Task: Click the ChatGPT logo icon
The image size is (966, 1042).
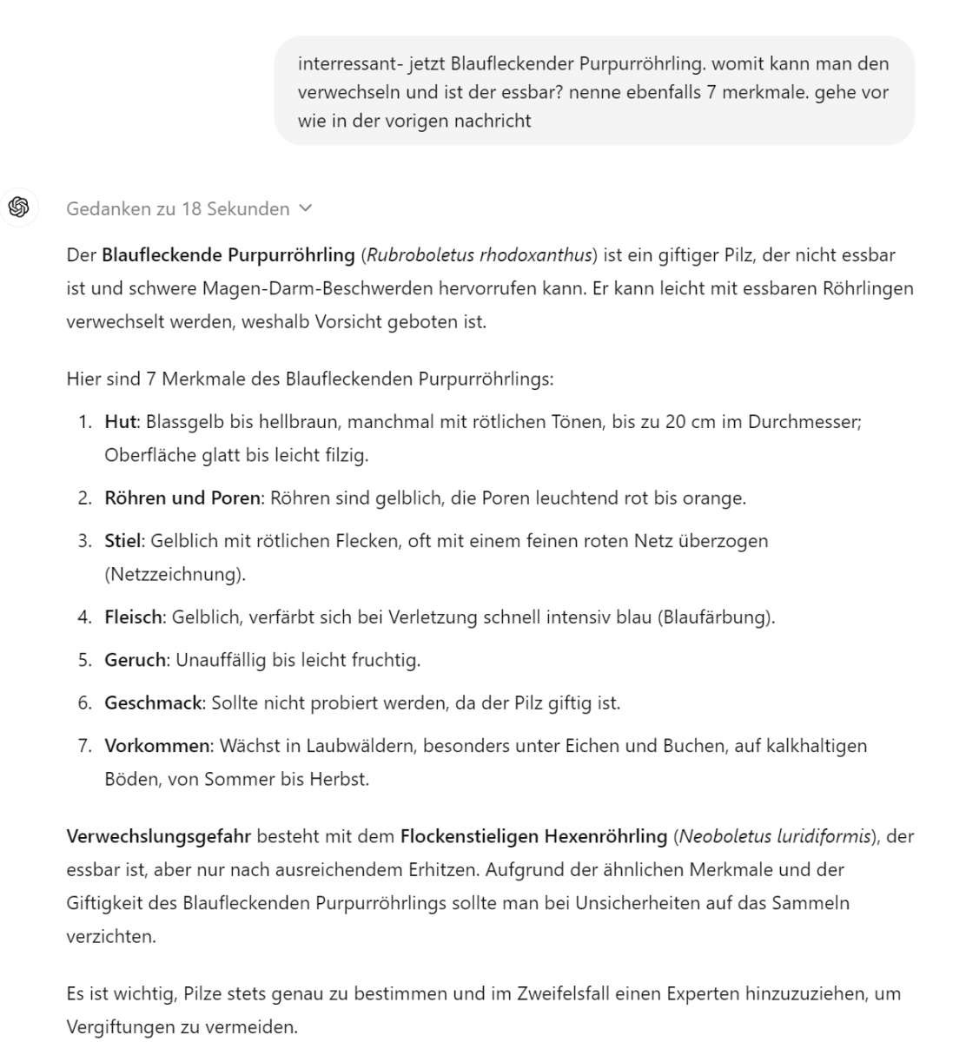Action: [x=19, y=207]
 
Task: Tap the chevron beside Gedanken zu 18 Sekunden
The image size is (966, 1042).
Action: [x=305, y=208]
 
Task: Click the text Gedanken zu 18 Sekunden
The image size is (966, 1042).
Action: [x=177, y=208]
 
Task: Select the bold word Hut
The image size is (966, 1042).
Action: [x=121, y=422]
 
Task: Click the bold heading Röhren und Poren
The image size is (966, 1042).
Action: [x=182, y=498]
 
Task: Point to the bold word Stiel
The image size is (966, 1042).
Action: [x=122, y=541]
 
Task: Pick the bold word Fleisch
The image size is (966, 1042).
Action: [x=134, y=617]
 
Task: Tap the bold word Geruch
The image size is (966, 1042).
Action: [x=136, y=660]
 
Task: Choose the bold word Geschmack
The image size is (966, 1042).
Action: [x=153, y=702]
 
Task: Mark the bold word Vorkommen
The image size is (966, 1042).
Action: [x=157, y=745]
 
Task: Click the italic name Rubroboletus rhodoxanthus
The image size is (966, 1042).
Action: [x=480, y=255]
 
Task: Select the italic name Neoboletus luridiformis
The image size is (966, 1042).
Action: [x=775, y=836]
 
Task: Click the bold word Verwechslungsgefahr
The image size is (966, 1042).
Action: [x=158, y=836]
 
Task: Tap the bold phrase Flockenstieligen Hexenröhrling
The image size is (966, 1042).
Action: [x=533, y=836]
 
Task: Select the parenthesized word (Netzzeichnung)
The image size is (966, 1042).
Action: [x=175, y=574]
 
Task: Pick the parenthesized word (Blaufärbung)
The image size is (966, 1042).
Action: [x=716, y=617]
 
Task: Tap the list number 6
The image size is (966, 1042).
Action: [x=84, y=702]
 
